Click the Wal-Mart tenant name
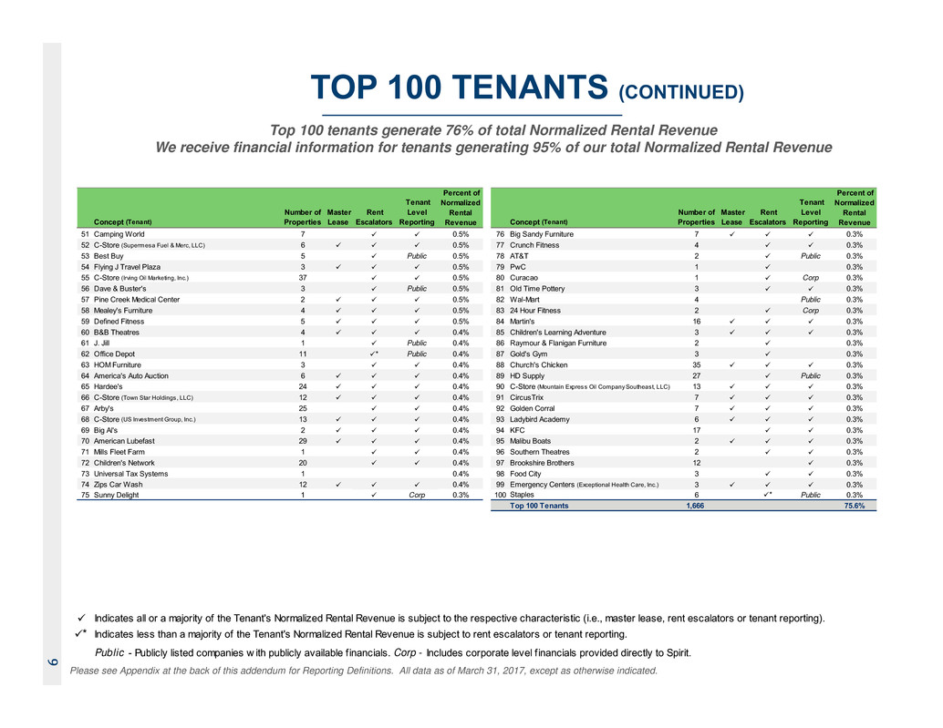[528, 299]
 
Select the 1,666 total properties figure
[696, 506]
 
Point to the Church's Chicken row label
[545, 364]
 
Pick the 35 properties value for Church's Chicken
[696, 364]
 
